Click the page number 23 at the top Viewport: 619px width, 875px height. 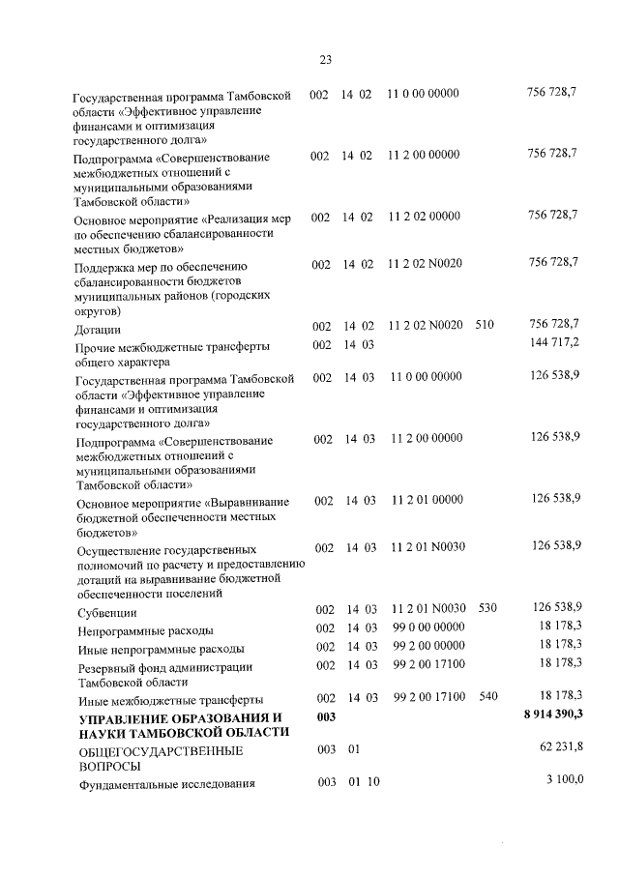[326, 60]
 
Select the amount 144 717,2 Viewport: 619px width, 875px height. [554, 343]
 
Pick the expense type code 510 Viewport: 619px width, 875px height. [485, 325]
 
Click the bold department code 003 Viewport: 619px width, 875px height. [325, 715]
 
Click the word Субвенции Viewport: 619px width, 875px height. [106, 613]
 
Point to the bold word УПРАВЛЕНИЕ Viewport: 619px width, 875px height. [124, 717]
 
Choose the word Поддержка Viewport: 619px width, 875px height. [107, 267]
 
